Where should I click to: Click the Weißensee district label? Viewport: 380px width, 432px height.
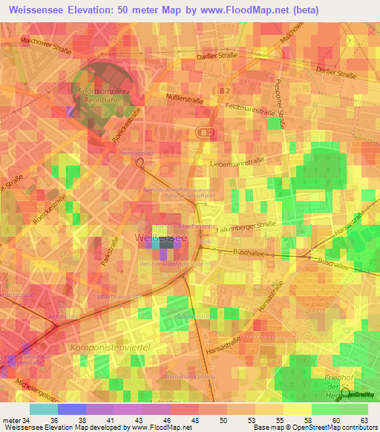pos(161,237)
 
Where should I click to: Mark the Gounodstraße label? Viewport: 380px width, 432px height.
pos(195,316)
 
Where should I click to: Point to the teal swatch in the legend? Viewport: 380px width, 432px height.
pos(43,409)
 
